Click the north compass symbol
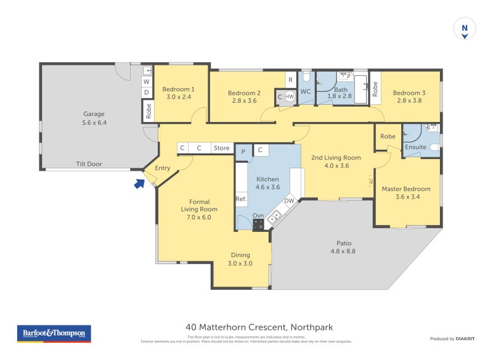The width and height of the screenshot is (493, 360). [x=465, y=29]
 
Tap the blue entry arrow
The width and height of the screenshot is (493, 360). [x=139, y=182]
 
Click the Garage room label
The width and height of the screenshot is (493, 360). [x=94, y=114]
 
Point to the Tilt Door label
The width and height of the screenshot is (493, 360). [x=89, y=164]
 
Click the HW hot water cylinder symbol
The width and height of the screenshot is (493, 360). [x=289, y=97]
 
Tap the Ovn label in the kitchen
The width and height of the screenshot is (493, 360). [x=258, y=215]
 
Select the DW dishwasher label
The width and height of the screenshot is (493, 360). [x=288, y=201]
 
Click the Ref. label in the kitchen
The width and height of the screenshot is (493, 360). [x=241, y=199]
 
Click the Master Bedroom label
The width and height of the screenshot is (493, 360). [x=406, y=189]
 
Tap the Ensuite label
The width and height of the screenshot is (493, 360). [x=415, y=147]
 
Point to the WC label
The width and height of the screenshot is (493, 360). [x=306, y=91]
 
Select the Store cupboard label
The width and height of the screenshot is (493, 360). [x=221, y=148]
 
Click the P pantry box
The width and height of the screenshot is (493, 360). [x=243, y=150]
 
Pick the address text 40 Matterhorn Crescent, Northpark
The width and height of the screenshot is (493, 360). [x=259, y=327]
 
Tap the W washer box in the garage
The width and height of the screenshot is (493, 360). [x=147, y=81]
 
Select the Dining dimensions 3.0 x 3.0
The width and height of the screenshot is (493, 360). [x=240, y=263]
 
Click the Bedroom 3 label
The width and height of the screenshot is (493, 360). [x=409, y=93]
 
